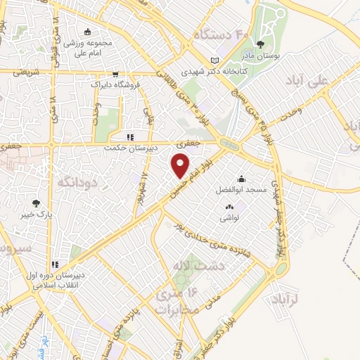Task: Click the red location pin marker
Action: click(x=181, y=166)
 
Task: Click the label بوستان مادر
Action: click(x=261, y=56)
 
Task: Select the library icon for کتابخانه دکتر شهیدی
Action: click(x=214, y=60)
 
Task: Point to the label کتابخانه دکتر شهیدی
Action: click(x=205, y=72)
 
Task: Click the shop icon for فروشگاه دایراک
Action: click(x=115, y=73)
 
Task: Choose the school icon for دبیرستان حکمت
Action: click(x=129, y=138)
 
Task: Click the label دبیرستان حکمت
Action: click(x=128, y=148)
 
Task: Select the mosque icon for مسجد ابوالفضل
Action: click(x=241, y=179)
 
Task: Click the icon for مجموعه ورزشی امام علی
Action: click(x=88, y=32)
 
